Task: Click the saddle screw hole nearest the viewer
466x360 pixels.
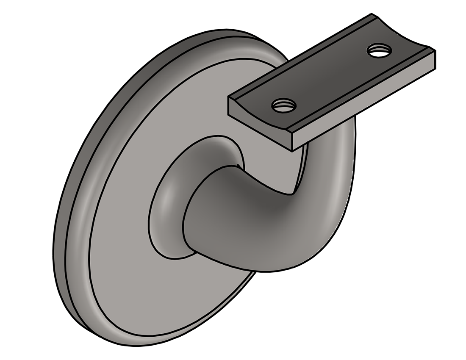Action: (x=283, y=105)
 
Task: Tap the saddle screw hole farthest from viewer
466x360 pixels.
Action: (x=379, y=51)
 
